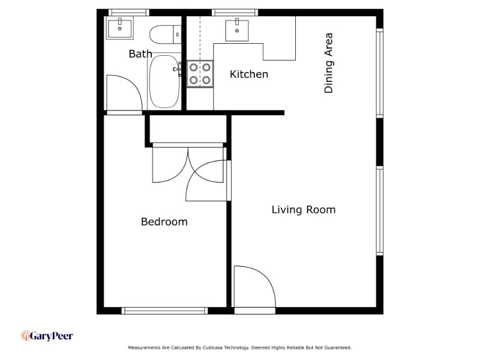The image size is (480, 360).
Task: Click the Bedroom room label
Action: tap(164, 221)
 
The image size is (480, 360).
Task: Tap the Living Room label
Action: tap(304, 209)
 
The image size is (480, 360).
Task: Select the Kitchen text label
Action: tap(249, 74)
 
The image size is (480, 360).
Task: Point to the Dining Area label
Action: tap(328, 63)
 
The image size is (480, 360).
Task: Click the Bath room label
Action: tap(140, 54)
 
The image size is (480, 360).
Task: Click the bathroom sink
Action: tap(119, 28)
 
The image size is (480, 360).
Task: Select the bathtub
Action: tap(164, 82)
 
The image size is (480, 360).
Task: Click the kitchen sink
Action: tap(237, 30)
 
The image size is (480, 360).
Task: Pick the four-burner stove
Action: tap(200, 74)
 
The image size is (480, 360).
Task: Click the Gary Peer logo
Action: tap(47, 336)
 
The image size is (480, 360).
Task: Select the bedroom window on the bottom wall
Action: tap(164, 311)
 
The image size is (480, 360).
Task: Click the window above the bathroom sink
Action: tap(129, 13)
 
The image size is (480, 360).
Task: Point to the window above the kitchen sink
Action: tap(235, 13)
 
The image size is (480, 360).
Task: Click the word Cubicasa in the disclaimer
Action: tap(212, 348)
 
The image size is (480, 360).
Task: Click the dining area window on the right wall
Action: tap(380, 73)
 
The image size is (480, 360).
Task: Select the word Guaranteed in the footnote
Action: tap(338, 348)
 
